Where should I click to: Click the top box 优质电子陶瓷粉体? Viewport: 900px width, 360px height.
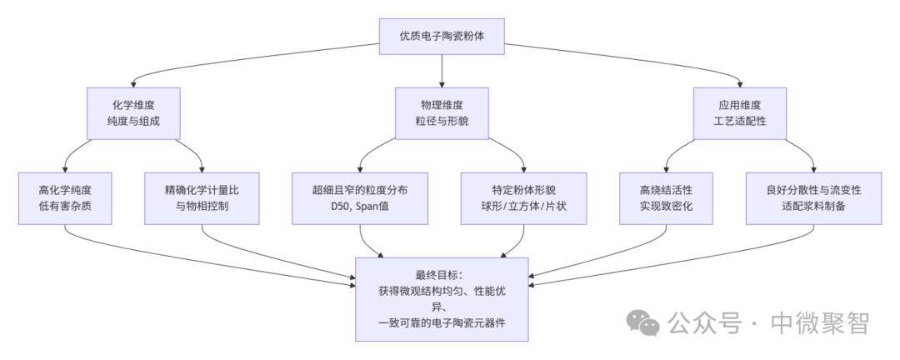(441, 37)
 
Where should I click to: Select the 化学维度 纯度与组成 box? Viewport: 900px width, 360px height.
(133, 113)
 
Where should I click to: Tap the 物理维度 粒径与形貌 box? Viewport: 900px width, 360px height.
(441, 113)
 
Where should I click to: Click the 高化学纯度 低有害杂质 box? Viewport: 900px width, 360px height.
(65, 197)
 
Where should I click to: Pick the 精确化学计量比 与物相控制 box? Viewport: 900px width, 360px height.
(202, 197)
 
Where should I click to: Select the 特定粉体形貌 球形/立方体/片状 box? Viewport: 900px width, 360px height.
(523, 197)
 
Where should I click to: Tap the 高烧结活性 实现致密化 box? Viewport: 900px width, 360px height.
(667, 197)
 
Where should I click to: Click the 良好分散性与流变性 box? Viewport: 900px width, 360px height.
(813, 197)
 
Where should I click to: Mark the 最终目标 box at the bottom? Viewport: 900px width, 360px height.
(442, 298)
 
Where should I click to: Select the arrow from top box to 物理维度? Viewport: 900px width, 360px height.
(441, 72)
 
